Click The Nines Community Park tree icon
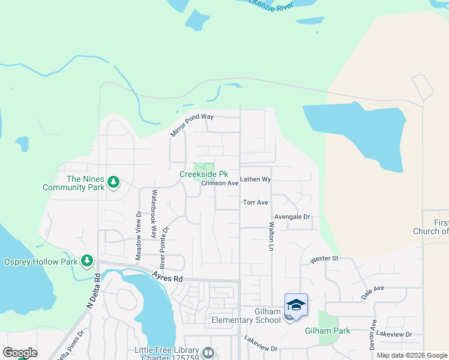coord(113,181)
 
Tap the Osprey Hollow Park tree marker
coord(88,260)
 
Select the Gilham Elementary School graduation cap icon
coord(296,305)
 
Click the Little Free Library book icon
coord(208,352)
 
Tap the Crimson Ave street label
coord(220,184)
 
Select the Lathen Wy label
coord(256,179)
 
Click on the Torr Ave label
coord(255,203)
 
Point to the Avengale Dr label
coord(292,217)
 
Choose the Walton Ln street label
coord(271,237)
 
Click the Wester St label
coord(324,259)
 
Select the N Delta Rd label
coord(92,291)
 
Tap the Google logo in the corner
coord(20,353)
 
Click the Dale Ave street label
coord(372,292)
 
